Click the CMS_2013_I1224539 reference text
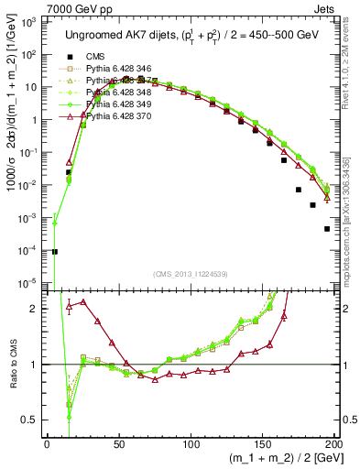click(x=191, y=272)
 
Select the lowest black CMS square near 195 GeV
click(x=327, y=229)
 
